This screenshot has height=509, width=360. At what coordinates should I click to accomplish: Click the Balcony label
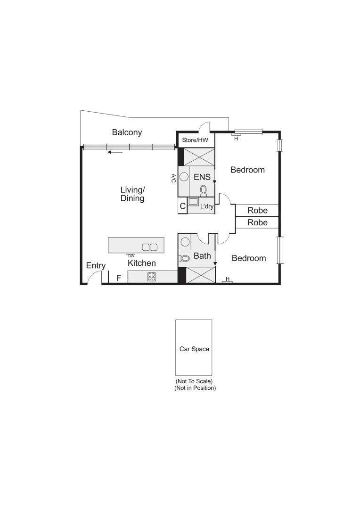coord(127,132)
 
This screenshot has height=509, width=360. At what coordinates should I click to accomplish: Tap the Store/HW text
coord(195,140)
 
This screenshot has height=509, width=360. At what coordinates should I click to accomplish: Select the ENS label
coord(202,177)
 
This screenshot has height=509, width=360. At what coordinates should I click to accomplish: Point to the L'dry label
coord(207,206)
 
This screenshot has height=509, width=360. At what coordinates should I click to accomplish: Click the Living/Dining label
coord(132,194)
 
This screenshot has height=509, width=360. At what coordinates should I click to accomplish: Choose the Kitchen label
coord(142,263)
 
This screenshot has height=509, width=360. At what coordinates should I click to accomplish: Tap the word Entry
coord(96,266)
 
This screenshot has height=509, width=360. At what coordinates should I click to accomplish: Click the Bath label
coord(202,256)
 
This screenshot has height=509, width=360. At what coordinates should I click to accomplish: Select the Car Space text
coord(194,349)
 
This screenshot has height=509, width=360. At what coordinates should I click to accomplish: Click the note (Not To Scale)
coord(194,381)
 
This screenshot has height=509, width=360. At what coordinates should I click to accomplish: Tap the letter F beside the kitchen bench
coord(119,278)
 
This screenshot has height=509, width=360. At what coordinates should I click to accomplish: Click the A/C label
coord(173,178)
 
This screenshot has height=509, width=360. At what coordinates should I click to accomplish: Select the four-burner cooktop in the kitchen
coord(151,277)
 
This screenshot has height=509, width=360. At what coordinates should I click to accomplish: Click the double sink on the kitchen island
coord(149,247)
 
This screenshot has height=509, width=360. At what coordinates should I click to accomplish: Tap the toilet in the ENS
coord(204,189)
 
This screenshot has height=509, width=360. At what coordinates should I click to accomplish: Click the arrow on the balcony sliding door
coord(115,152)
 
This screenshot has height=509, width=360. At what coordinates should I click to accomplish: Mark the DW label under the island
coord(131,255)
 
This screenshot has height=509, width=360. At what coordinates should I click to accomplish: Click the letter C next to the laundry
coord(182,206)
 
